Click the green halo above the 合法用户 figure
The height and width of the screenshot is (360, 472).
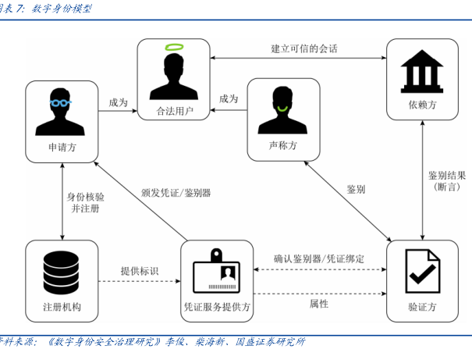click(x=176, y=49)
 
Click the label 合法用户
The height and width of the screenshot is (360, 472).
click(x=176, y=111)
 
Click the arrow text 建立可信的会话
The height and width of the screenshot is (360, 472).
click(x=304, y=48)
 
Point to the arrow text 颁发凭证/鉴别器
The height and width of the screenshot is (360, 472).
click(x=176, y=192)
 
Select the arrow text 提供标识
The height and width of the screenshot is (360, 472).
click(x=139, y=271)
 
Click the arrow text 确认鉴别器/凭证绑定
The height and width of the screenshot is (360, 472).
click(x=319, y=258)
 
